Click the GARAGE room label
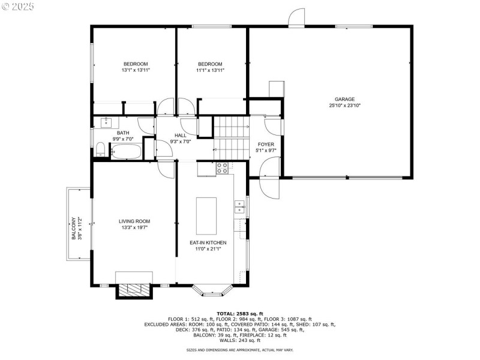pyautogui.click(x=344, y=100)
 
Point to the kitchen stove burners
pyautogui.click(x=223, y=167)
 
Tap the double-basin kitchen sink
pyautogui.click(x=239, y=208)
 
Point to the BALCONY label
pyautogui.click(x=74, y=228)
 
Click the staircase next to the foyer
pyautogui.click(x=232, y=136)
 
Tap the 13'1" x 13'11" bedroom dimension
pyautogui.click(x=136, y=70)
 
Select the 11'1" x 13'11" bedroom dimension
pyautogui.click(x=210, y=70)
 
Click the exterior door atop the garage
pyautogui.click(x=296, y=19)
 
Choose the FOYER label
pyautogui.click(x=266, y=145)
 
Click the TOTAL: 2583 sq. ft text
pyautogui.click(x=239, y=313)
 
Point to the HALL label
pyautogui.click(x=181, y=136)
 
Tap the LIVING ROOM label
pyautogui.click(x=134, y=221)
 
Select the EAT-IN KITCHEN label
pyautogui.click(x=208, y=242)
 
